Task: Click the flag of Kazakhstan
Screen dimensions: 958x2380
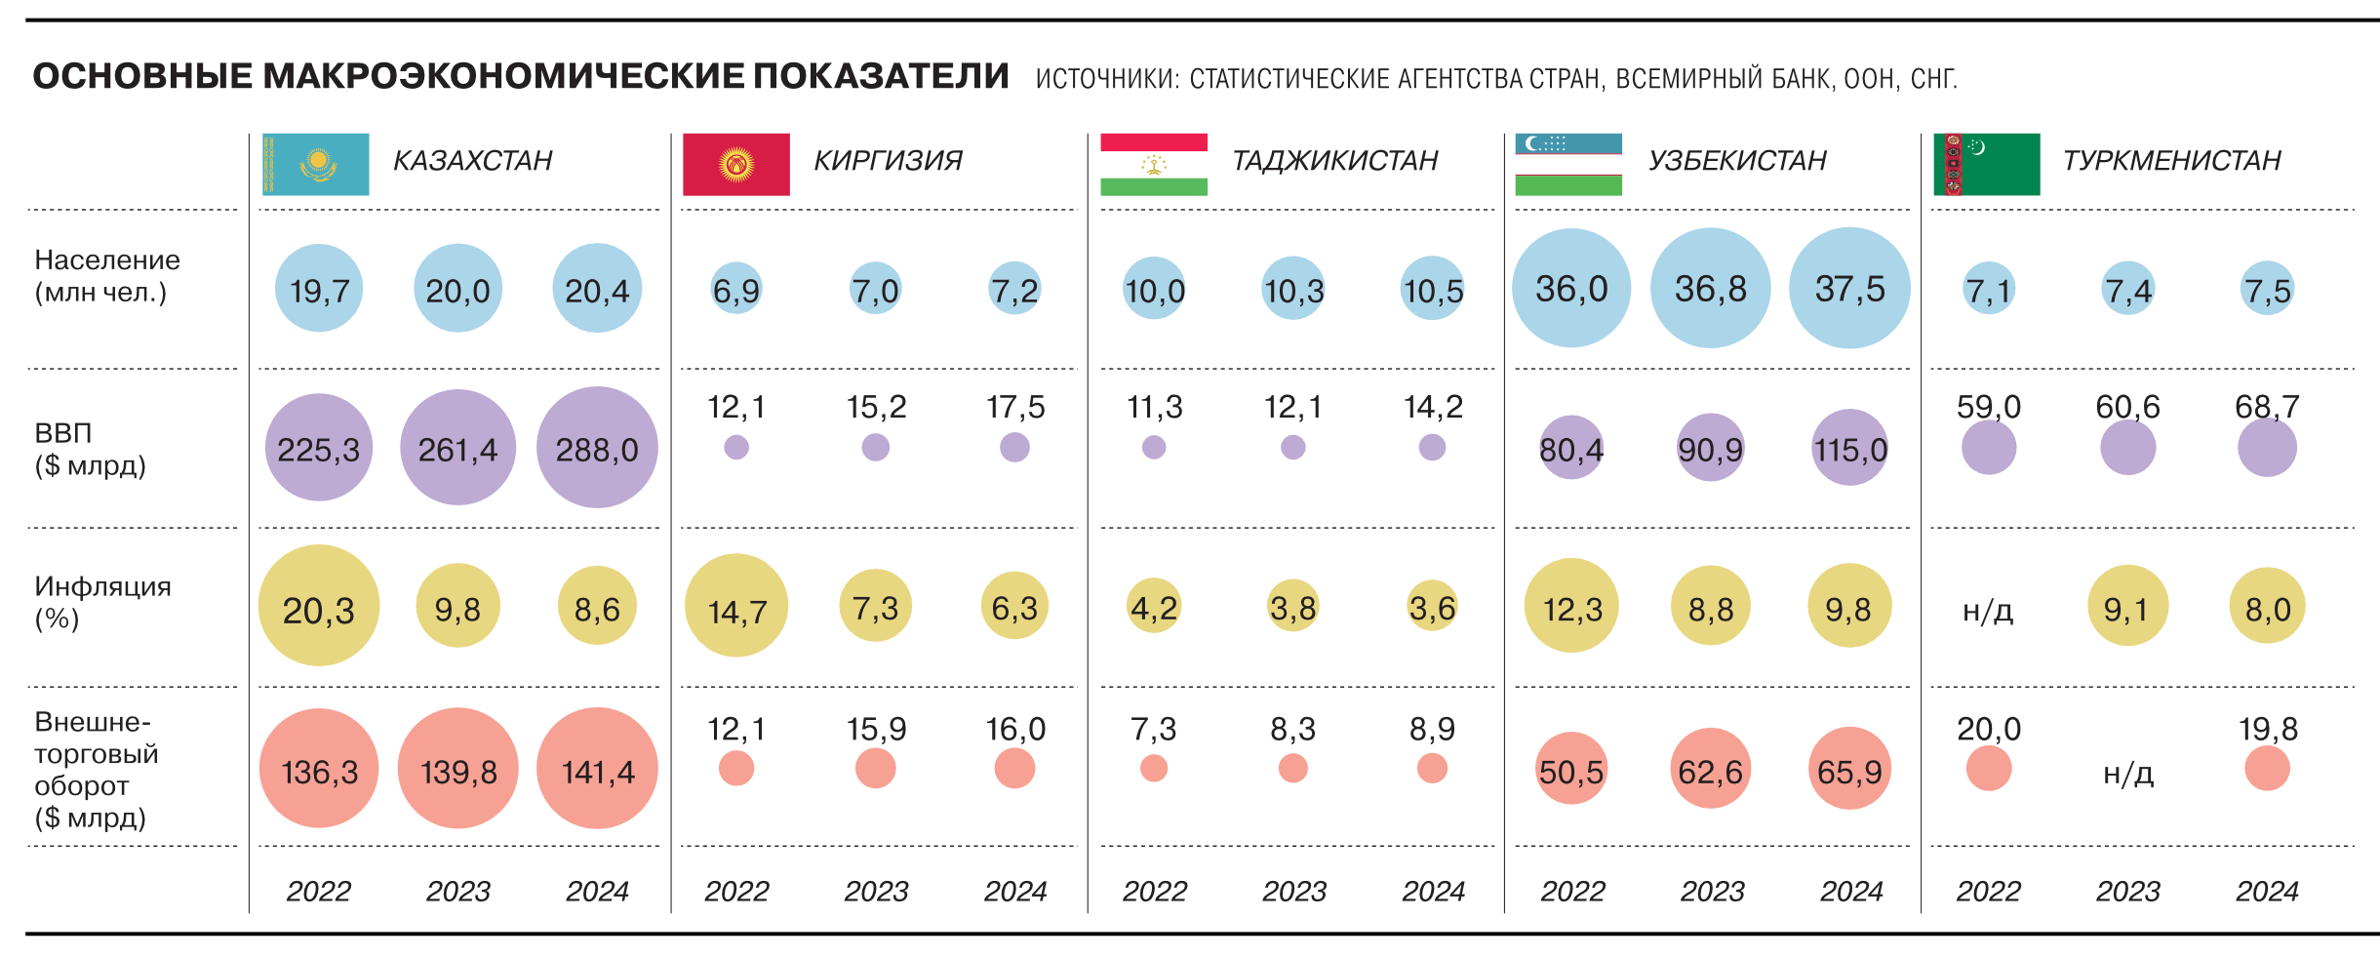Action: [x=315, y=164]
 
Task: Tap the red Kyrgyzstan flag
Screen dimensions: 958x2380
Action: [x=735, y=164]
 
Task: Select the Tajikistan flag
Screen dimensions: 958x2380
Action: [x=1153, y=164]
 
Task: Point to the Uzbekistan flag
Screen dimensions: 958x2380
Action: [x=1567, y=164]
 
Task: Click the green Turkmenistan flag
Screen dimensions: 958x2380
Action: [x=1986, y=164]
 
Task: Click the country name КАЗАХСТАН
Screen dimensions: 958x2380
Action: [x=472, y=160]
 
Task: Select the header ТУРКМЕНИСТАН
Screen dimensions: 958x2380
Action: [x=2171, y=160]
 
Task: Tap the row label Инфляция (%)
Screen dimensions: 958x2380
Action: [x=102, y=602]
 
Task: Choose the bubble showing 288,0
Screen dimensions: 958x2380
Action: [x=597, y=448]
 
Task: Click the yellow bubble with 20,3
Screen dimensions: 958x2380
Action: [x=319, y=606]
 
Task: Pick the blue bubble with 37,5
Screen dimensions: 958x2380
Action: [x=1849, y=288]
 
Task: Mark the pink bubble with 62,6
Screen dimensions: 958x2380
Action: [x=1710, y=769]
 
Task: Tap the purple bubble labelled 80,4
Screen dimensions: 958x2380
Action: [x=1570, y=448]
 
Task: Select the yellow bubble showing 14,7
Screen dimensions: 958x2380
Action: [x=736, y=606]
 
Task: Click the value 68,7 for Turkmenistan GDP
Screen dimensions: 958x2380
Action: [x=2267, y=407]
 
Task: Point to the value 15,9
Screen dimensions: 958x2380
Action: [x=876, y=729]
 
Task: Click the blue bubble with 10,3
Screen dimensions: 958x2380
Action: [x=1293, y=289]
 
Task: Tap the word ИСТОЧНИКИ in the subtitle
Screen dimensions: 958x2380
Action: [x=1105, y=79]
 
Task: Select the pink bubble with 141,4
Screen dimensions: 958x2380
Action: [x=597, y=769]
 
